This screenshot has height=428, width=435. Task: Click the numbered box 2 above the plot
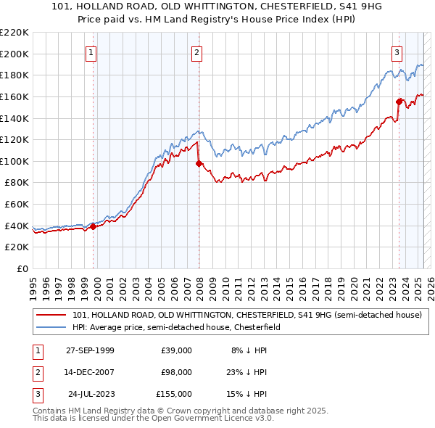(197, 52)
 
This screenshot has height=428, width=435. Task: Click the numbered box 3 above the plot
(397, 52)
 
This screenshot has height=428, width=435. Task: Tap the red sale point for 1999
(93, 226)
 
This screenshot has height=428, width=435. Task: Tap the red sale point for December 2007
(198, 163)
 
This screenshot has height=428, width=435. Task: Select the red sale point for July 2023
(399, 102)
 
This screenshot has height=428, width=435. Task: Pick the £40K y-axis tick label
(17, 226)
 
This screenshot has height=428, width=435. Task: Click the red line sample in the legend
(51, 315)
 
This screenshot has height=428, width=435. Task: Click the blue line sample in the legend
(51, 327)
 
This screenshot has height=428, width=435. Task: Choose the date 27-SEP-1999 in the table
(90, 350)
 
